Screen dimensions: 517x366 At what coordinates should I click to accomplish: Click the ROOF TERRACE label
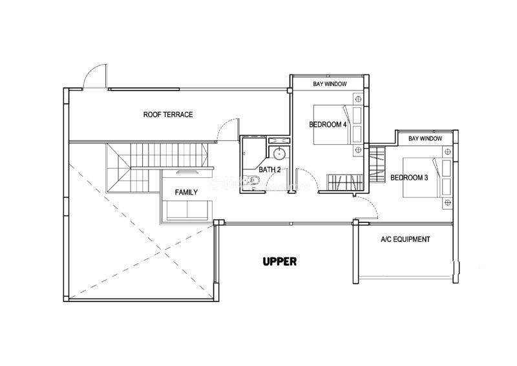(x=168, y=114)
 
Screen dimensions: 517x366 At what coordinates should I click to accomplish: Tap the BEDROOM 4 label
(x=328, y=124)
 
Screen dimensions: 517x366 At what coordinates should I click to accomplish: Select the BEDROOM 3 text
(x=409, y=178)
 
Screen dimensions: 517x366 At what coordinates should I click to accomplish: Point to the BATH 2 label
(x=269, y=169)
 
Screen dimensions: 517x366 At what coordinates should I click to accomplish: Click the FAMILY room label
(x=186, y=192)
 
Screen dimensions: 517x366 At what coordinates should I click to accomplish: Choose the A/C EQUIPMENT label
(x=405, y=239)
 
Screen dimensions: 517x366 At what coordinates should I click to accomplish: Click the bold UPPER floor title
(x=280, y=262)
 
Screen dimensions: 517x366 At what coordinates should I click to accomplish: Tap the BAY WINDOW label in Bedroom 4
(x=330, y=84)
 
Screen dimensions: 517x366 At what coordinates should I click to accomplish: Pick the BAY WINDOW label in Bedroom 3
(x=425, y=138)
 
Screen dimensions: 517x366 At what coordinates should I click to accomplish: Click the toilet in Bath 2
(x=253, y=180)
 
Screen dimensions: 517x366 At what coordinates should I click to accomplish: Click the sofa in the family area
(x=187, y=210)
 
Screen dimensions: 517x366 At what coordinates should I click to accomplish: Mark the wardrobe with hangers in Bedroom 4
(x=344, y=182)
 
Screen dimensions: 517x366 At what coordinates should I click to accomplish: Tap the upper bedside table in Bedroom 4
(x=358, y=99)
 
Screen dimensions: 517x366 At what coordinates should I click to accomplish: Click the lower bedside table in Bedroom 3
(x=447, y=202)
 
